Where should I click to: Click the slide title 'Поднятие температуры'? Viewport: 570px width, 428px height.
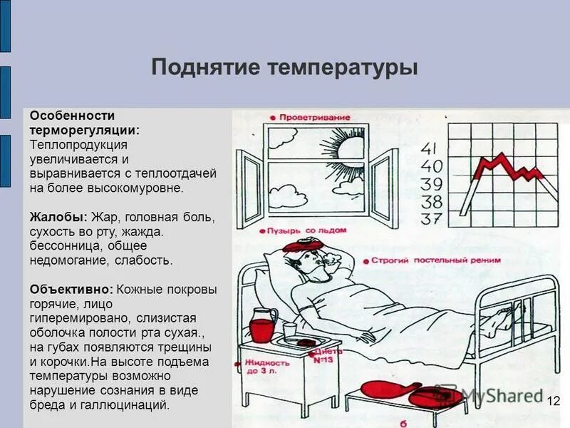[x=284, y=68]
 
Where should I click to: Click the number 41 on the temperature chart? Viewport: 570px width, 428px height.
[x=430, y=148]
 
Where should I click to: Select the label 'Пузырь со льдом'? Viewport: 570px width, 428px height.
[x=311, y=231]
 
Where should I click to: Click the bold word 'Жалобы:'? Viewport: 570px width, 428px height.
[x=58, y=216]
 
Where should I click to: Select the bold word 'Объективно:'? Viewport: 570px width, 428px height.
[x=71, y=290]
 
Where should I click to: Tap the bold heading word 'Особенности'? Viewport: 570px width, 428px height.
[x=72, y=116]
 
